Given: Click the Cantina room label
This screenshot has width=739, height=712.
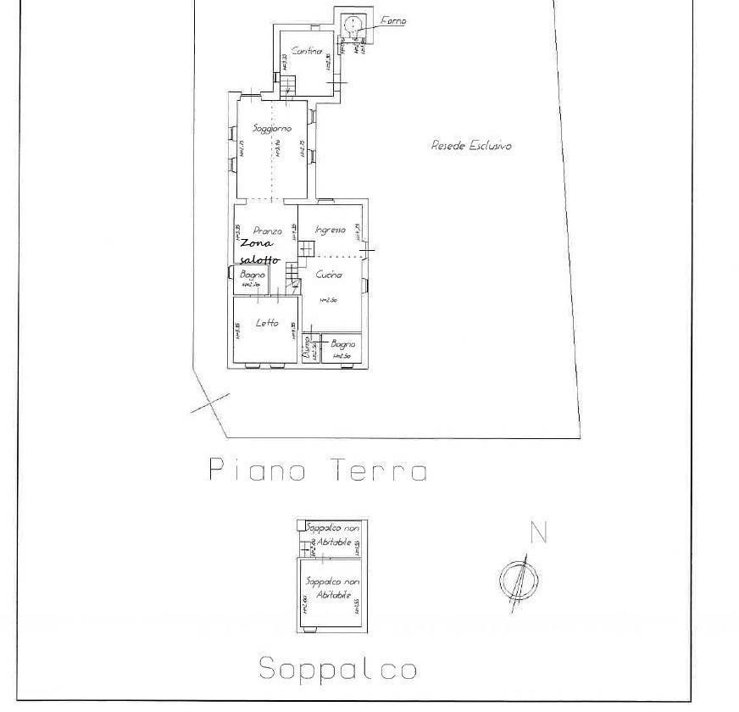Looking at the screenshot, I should point(307,51).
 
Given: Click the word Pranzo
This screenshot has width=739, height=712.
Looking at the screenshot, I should point(267,231).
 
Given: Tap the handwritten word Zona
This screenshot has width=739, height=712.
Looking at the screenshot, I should point(256,243).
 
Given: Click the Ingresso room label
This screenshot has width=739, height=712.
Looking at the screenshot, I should point(330,230).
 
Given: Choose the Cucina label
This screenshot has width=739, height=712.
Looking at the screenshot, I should point(329,275).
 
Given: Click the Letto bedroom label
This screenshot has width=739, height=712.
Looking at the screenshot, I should point(267,322).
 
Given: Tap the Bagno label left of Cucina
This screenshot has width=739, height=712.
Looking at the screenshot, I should point(253,275).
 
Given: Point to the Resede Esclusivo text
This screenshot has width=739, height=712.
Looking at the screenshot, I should point(471,146).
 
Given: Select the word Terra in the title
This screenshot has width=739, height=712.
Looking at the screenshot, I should point(379,471).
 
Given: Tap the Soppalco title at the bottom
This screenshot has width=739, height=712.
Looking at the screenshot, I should point(337,670).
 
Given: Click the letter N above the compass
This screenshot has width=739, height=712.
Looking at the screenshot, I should point(537,534).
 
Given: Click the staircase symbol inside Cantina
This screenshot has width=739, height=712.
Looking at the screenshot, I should point(289,84).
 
